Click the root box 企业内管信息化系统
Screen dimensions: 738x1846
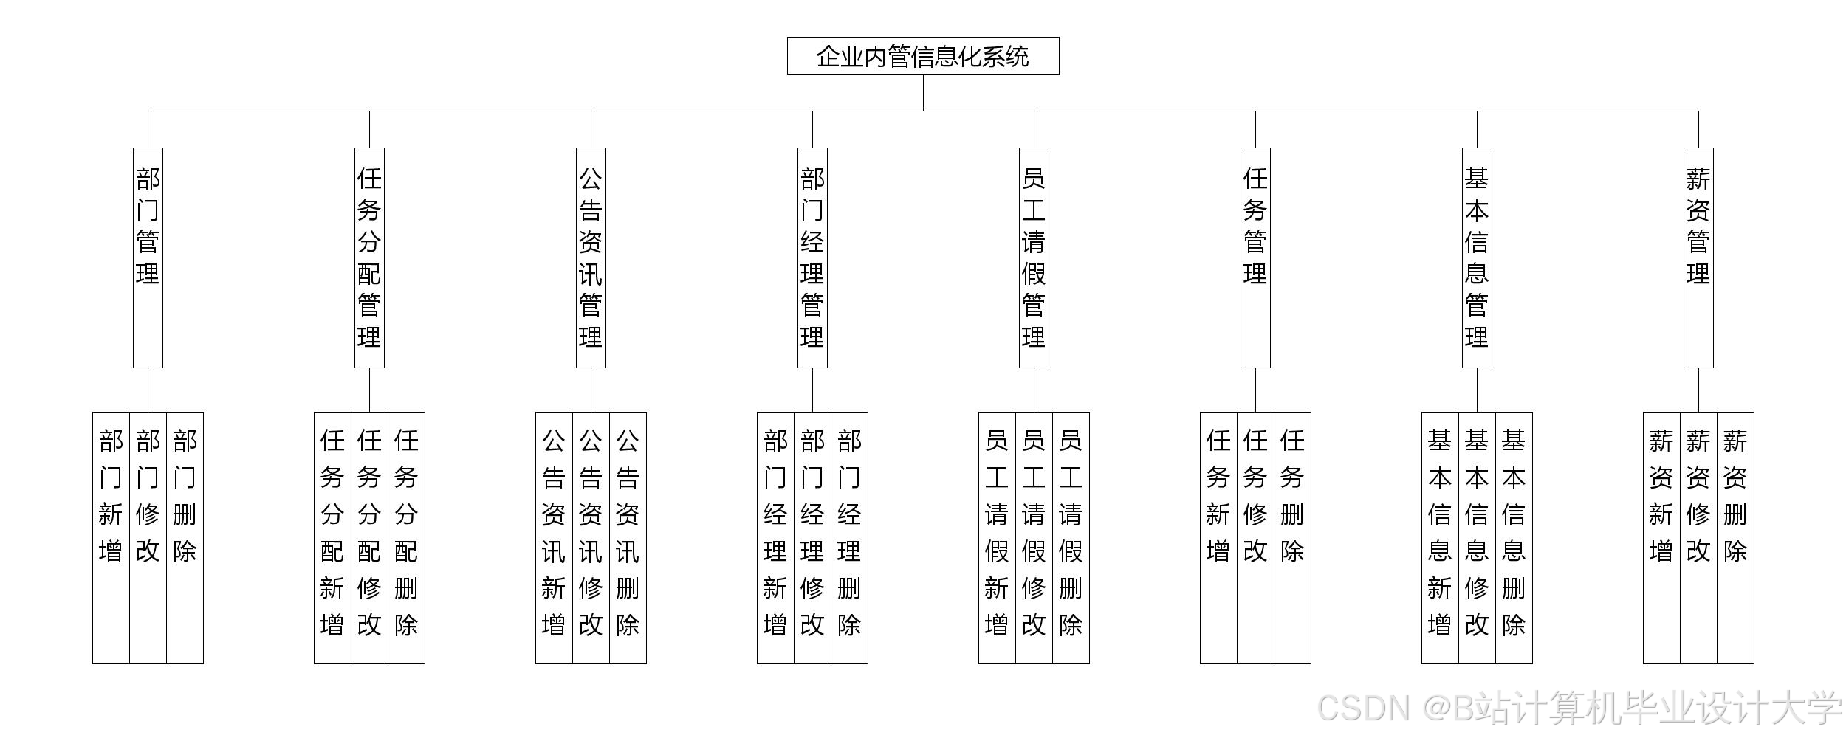(923, 56)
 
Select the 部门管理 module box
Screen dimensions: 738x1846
(148, 258)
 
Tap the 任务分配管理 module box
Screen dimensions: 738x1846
(369, 258)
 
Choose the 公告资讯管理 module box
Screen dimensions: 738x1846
(591, 258)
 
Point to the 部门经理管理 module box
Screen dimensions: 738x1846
(812, 258)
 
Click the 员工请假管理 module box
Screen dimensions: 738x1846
(1034, 258)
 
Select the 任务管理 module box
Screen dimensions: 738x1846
(1255, 258)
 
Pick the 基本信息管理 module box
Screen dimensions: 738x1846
(1477, 258)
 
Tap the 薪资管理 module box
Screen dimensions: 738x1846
(1698, 258)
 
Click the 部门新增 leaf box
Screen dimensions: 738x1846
(111, 537)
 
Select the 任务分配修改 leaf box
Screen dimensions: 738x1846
(369, 537)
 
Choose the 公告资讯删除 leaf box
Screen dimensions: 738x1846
(628, 537)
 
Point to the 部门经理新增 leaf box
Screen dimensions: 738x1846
(775, 537)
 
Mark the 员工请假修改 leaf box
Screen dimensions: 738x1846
(1034, 537)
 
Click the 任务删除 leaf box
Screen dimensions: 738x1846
(1292, 537)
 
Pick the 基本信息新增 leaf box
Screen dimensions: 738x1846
(1440, 537)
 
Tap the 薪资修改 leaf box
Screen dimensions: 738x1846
(1698, 537)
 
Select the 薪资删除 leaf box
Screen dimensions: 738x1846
(1735, 537)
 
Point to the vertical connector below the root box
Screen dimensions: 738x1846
(923, 92)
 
